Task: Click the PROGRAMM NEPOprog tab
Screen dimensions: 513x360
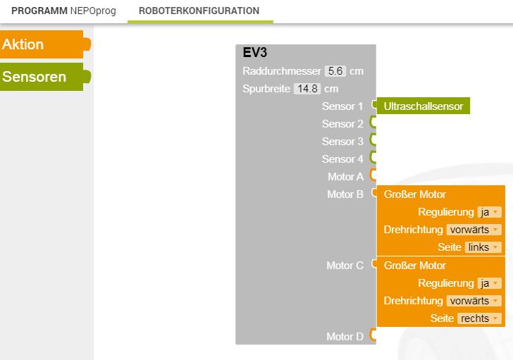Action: [x=63, y=11]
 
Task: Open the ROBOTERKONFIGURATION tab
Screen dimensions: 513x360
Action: [x=199, y=11]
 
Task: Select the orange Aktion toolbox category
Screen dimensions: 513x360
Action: [x=44, y=44]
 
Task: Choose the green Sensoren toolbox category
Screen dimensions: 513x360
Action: [x=44, y=77]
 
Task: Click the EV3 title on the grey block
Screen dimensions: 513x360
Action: [x=255, y=53]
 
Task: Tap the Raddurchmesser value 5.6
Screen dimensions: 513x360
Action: [x=335, y=71]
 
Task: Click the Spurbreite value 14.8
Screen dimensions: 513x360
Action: [x=307, y=89]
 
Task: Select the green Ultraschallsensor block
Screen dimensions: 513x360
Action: [x=424, y=106]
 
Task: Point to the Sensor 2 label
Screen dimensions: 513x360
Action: [x=342, y=124]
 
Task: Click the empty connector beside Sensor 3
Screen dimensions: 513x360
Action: [x=373, y=139]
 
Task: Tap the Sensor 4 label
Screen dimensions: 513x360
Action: [x=342, y=159]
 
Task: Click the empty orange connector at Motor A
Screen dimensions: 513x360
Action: [x=373, y=175]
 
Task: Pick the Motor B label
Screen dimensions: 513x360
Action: [x=345, y=194]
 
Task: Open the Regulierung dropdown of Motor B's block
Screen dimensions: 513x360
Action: [x=490, y=212]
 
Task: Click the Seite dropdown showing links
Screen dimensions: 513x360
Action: [x=483, y=247]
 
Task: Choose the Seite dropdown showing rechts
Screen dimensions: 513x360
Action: [x=479, y=318]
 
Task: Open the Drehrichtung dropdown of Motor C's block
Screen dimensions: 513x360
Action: [x=474, y=301]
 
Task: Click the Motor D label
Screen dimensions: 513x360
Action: [x=345, y=337]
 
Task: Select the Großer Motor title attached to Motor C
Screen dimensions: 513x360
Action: [x=415, y=266]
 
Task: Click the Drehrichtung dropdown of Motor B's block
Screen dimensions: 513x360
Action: [x=474, y=230]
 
